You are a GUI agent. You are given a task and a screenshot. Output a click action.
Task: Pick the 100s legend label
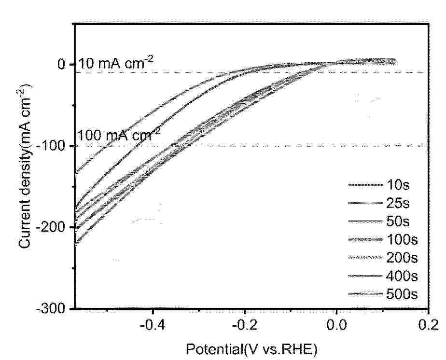[x=402, y=239]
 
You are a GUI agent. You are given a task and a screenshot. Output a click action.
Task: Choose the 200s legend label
[x=402, y=258]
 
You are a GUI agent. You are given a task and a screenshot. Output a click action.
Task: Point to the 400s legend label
[x=402, y=276]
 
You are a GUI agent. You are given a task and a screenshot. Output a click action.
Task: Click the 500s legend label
[x=402, y=294]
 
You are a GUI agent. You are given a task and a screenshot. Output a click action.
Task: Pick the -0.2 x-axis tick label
[x=244, y=323]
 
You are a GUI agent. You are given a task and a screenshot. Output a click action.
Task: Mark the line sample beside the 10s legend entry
[x=364, y=184]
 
